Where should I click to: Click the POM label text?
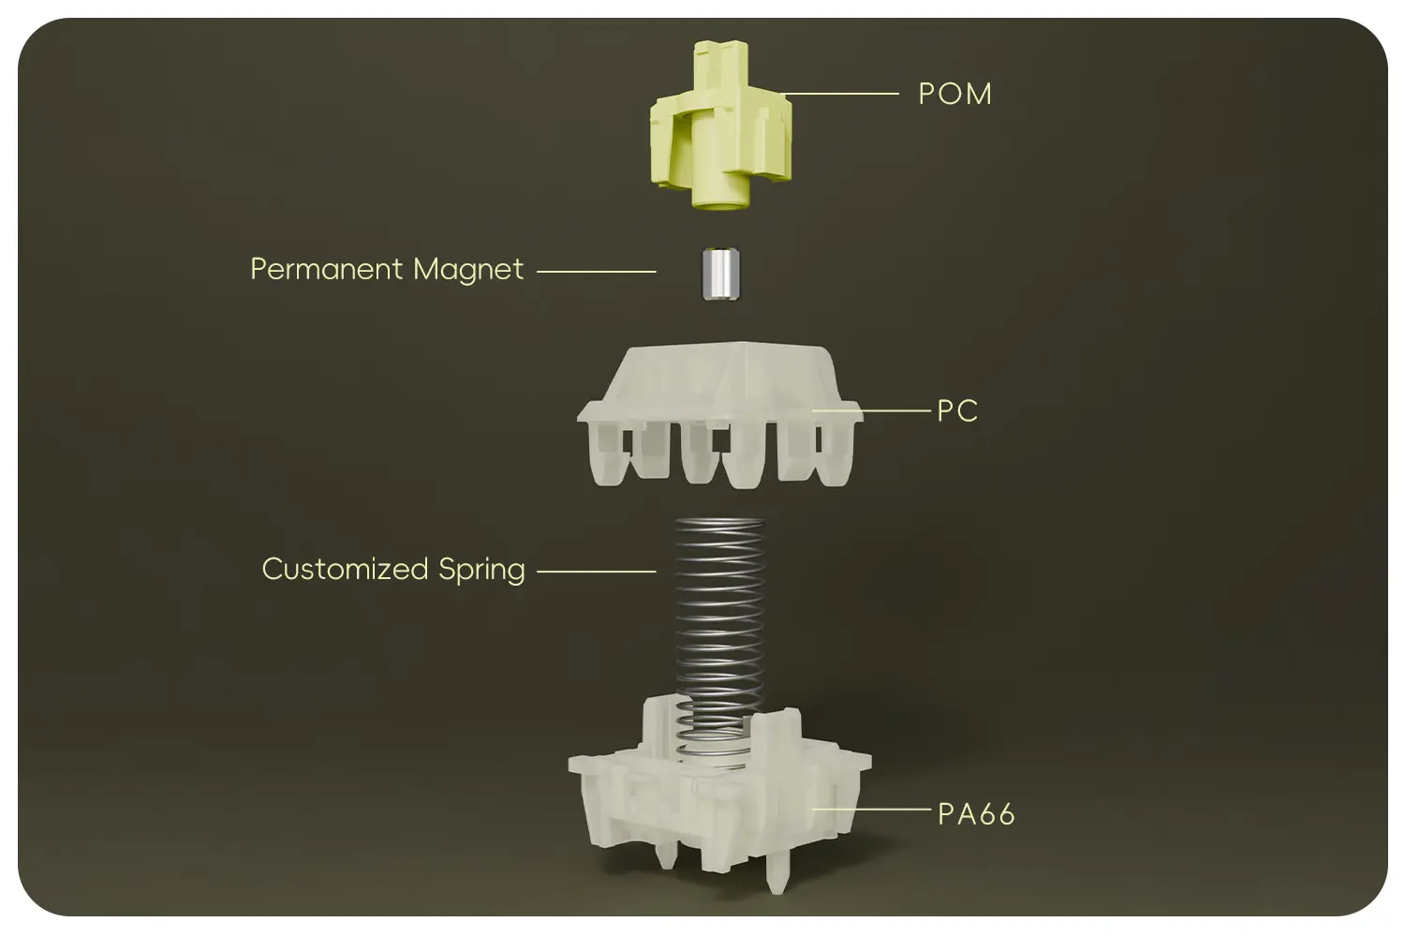click(955, 94)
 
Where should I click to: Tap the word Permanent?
click(326, 269)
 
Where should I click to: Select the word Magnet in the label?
click(468, 270)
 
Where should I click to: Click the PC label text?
click(958, 411)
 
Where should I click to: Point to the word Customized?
click(345, 570)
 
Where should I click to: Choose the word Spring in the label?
click(481, 571)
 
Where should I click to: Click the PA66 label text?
click(976, 814)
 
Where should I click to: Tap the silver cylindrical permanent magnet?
click(720, 275)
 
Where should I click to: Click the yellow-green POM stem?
click(720, 125)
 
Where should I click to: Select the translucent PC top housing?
click(720, 414)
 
